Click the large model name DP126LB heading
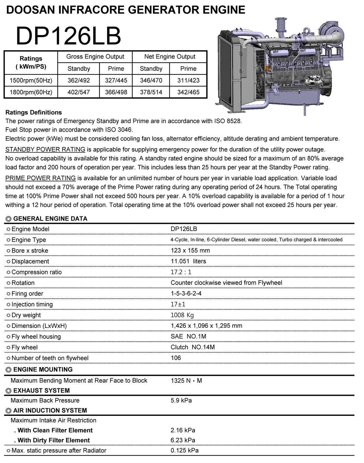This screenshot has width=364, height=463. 68,36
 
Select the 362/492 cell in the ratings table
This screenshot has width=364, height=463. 79,80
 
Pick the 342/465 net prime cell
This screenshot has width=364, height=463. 188,92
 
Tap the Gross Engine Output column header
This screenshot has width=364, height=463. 95,57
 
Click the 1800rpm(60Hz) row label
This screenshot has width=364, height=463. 31,92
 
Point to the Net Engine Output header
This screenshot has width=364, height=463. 170,57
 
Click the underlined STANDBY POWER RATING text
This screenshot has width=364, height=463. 45,150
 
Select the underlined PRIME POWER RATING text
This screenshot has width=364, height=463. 40,178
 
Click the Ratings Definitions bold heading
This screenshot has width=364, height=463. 34,112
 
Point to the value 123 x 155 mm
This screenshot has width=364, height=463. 190,250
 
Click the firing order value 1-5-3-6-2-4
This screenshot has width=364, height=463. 186,293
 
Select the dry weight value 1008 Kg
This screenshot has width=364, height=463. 182,315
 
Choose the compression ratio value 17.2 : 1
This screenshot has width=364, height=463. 181,272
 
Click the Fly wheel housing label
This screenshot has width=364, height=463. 36,337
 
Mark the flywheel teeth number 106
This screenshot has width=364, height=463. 176,358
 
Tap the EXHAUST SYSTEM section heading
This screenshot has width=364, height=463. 42,391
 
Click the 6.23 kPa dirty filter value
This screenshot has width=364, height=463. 183,440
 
